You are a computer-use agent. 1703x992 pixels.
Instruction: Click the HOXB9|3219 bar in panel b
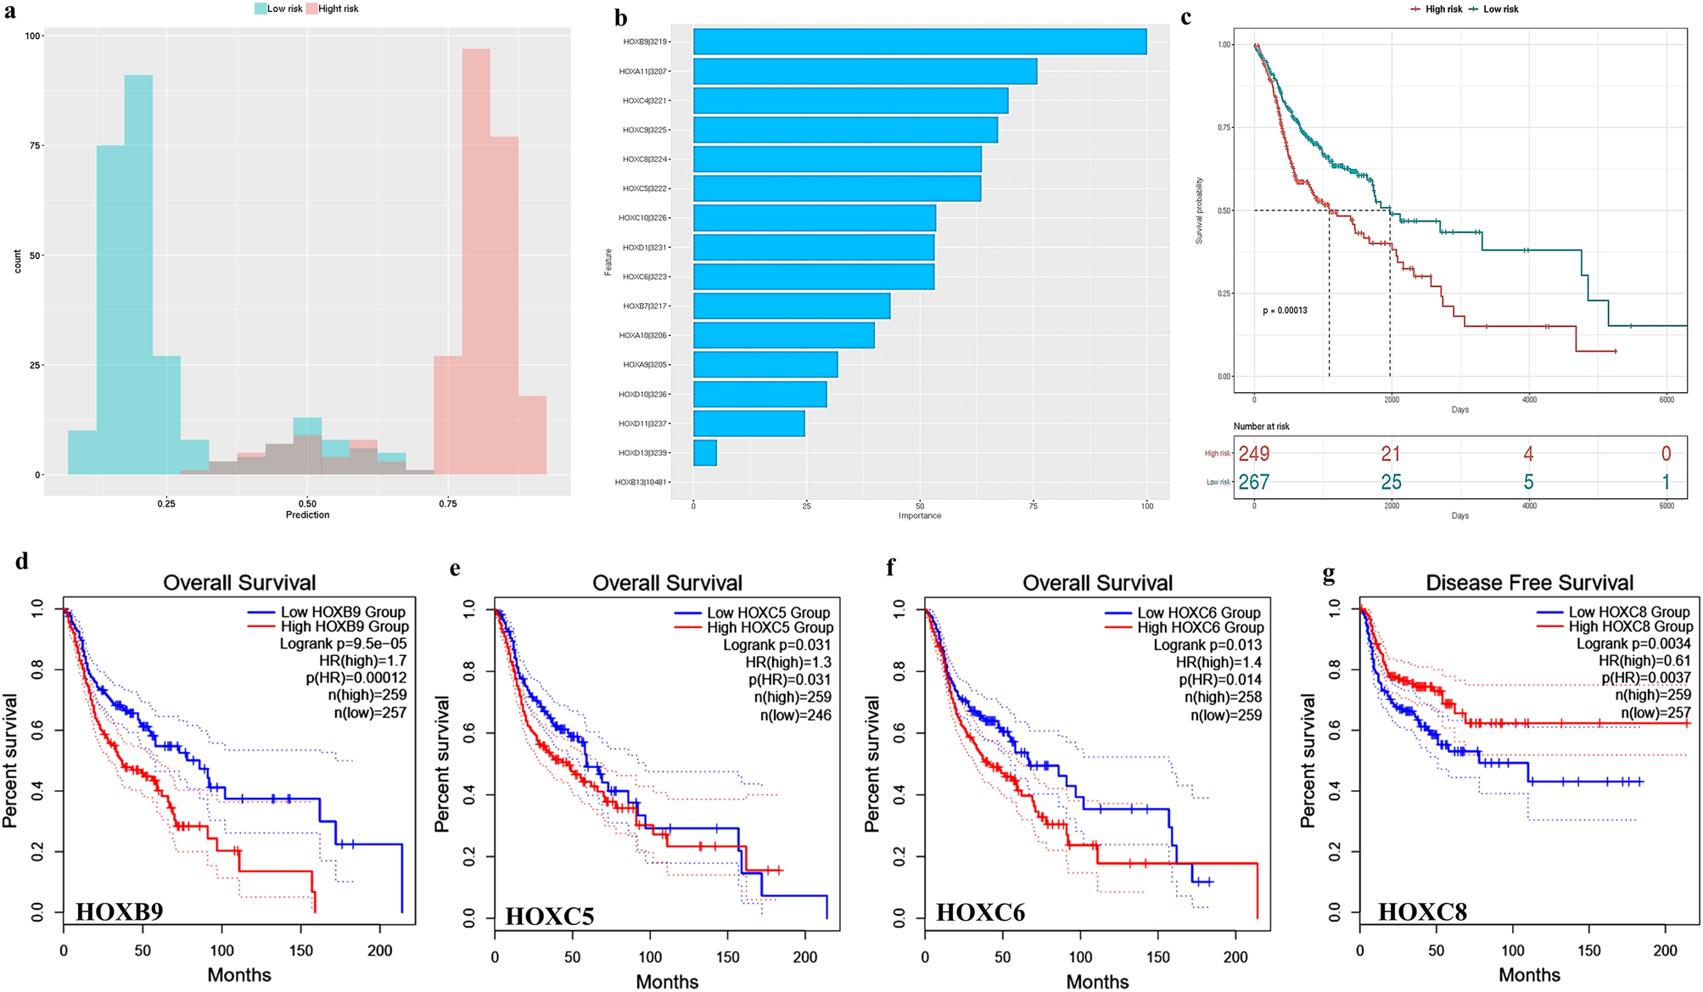pos(919,42)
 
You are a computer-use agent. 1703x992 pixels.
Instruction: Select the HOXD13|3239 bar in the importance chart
pos(704,453)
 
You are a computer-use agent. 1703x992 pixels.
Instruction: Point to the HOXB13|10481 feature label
pos(641,482)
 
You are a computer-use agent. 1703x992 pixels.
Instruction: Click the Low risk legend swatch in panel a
pos(260,8)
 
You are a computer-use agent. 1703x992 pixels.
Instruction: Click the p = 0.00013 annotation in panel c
pos(1285,311)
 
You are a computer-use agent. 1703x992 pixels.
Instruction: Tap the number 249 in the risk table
pos(1253,454)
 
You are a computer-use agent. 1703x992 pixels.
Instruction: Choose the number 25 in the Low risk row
pos(1391,483)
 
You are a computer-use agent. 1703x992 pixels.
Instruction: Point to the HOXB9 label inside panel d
pos(119,911)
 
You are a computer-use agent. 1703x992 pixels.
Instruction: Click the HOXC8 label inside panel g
pos(1422,912)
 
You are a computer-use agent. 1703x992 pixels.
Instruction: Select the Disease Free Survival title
pos(1529,583)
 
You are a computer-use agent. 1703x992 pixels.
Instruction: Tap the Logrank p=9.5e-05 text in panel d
pos(343,644)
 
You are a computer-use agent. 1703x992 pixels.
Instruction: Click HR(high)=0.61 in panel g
pos(1644,661)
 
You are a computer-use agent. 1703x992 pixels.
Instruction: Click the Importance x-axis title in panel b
pos(919,516)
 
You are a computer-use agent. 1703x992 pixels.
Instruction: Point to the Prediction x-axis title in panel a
pos(307,515)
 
